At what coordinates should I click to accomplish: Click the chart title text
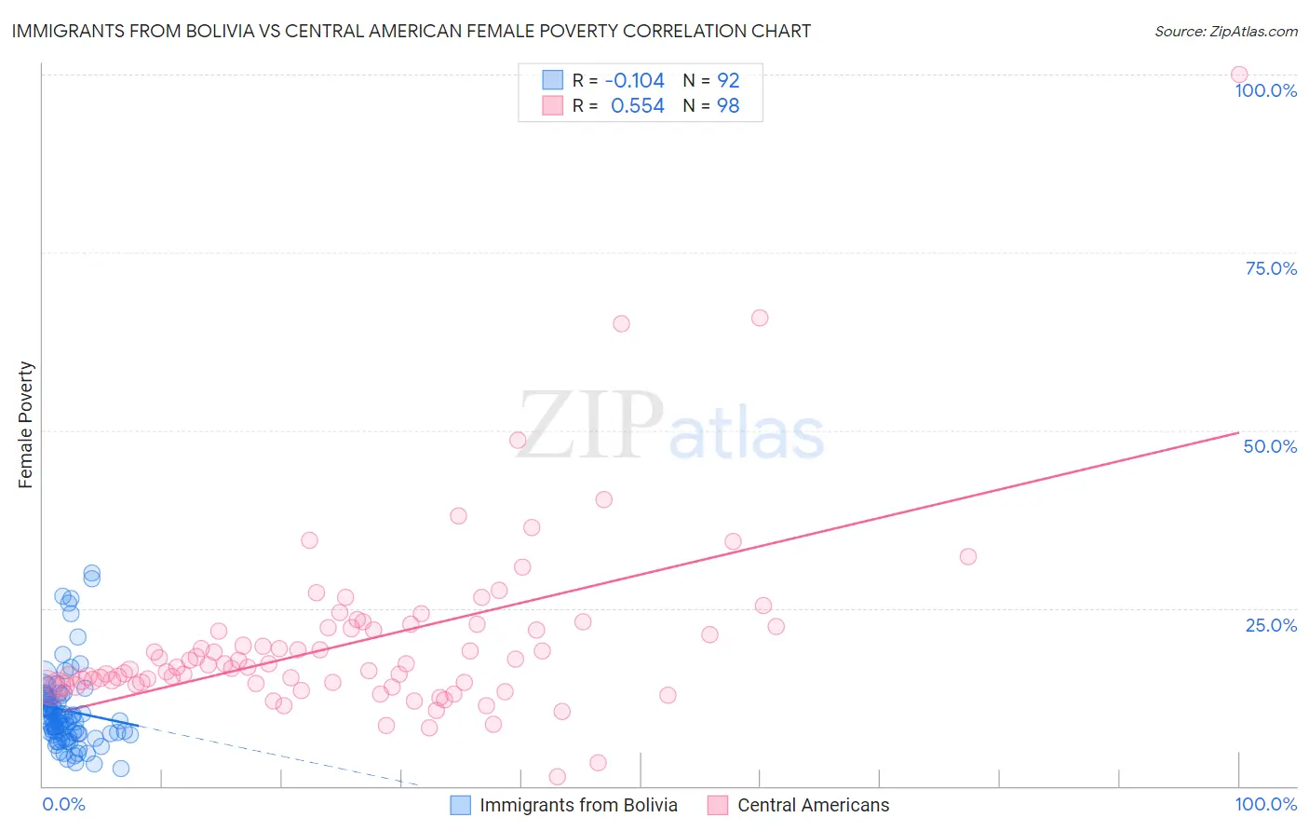(x=412, y=32)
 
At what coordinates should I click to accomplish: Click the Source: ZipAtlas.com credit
(x=1225, y=32)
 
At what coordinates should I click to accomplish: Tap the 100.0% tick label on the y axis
(x=1265, y=90)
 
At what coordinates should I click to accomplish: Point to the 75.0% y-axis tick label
(x=1271, y=268)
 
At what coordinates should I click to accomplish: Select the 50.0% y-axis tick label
(x=1270, y=446)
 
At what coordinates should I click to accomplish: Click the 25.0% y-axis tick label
(x=1271, y=625)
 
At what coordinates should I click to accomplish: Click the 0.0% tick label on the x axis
(x=63, y=804)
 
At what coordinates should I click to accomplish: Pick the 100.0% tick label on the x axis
(x=1265, y=804)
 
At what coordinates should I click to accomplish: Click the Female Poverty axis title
(x=26, y=425)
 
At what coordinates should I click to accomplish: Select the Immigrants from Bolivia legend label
(x=578, y=805)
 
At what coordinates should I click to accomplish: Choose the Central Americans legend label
(x=813, y=805)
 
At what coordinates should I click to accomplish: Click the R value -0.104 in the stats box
(x=635, y=81)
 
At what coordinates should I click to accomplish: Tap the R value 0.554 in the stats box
(x=638, y=106)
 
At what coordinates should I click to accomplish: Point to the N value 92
(x=728, y=81)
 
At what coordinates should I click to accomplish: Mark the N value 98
(x=728, y=106)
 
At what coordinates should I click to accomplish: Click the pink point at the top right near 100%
(x=1239, y=75)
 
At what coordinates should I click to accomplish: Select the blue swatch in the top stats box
(x=553, y=80)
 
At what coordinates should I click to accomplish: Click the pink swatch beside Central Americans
(x=717, y=805)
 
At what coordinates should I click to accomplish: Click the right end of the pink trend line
(x=1238, y=432)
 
